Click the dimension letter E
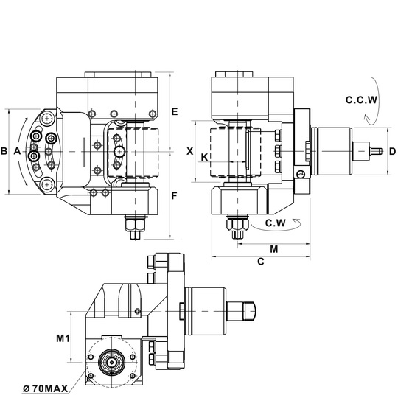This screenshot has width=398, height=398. point(175,111)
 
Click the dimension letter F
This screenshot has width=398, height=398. point(174,196)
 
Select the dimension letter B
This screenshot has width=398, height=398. point(4,151)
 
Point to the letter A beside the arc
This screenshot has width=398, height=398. point(17,151)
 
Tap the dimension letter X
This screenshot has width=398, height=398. point(190,151)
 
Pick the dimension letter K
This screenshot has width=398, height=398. point(204,158)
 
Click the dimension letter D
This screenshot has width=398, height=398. point(392,151)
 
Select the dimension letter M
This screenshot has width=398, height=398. point(274,249)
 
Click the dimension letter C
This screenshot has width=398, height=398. point(261,261)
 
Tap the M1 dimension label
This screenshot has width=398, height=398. point(63,338)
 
